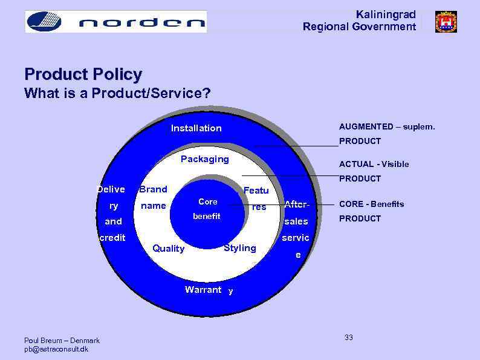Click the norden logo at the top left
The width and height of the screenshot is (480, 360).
(x=115, y=22)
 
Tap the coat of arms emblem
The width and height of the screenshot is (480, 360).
(x=446, y=22)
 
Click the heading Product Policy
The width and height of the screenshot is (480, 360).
(x=83, y=74)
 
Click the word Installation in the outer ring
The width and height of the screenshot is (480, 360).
(x=196, y=128)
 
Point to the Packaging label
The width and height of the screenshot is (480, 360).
(x=205, y=159)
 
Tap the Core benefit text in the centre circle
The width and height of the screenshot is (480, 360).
(x=207, y=209)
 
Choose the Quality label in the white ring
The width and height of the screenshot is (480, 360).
(x=169, y=249)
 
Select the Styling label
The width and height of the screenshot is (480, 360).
(x=240, y=248)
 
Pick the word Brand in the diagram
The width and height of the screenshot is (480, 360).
(x=154, y=189)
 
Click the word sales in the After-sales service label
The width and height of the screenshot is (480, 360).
(x=296, y=221)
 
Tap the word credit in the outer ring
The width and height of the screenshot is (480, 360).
(x=112, y=238)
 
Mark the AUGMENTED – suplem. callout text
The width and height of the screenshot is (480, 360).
(x=386, y=126)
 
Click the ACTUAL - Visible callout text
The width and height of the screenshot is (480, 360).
(x=374, y=164)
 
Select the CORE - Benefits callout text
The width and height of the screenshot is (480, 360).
(x=371, y=204)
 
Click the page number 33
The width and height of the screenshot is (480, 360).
(x=349, y=338)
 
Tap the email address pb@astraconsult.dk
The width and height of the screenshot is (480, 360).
(x=56, y=349)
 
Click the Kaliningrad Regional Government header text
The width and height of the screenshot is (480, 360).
(x=359, y=21)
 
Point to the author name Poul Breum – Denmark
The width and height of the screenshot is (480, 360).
(x=62, y=341)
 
